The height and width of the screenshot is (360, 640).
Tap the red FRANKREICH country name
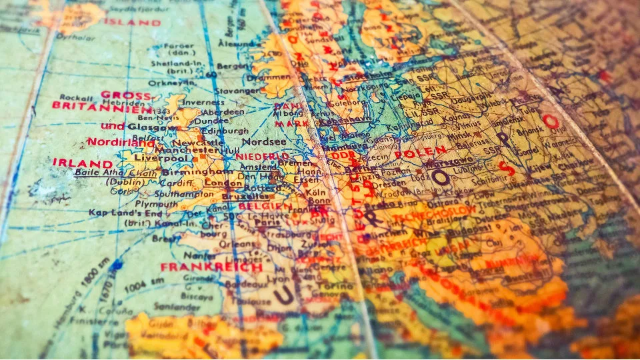click(211, 267)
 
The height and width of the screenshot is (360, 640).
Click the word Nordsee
click(263, 142)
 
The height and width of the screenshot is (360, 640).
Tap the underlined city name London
click(224, 183)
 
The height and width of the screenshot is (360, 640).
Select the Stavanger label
click(239, 90)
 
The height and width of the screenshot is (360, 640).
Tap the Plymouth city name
click(157, 203)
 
